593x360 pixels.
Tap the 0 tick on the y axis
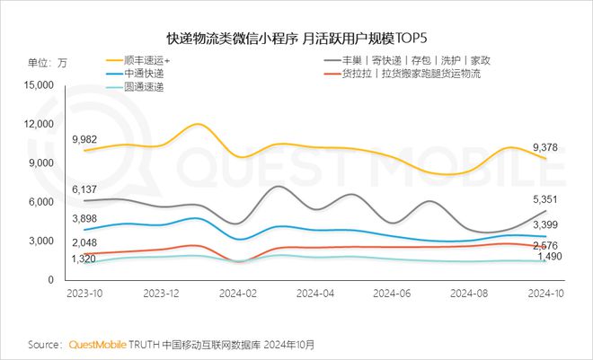[50, 280]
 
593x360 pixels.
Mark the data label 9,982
[85, 139]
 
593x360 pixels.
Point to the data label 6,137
[85, 189]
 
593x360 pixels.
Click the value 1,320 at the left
[85, 259]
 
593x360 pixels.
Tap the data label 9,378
[548, 147]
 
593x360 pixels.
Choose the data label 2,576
[548, 245]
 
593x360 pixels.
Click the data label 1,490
[548, 258]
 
